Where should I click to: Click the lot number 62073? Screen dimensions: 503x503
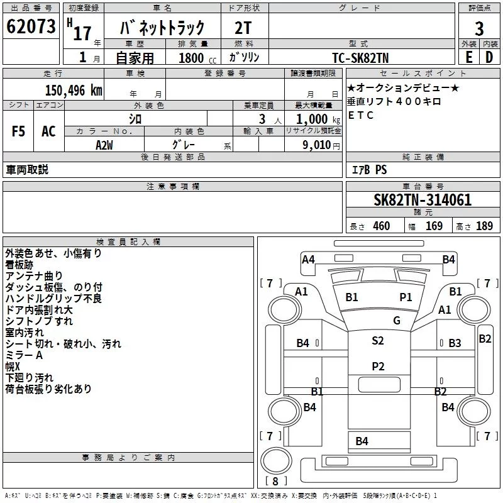[x=31, y=27]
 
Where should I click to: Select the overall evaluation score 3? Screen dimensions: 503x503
[x=479, y=29]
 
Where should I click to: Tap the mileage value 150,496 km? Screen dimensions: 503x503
[x=74, y=91]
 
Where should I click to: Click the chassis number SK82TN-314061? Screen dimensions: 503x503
[x=423, y=200]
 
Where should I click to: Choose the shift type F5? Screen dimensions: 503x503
[x=19, y=131]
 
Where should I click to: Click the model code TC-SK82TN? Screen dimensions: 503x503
[x=361, y=58]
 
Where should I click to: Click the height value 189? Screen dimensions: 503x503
[x=484, y=226]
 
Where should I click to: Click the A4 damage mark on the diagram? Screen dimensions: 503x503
[x=308, y=259]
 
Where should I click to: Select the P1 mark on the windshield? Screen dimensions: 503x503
[x=406, y=297]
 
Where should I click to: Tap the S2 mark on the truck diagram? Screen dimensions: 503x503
[x=377, y=341]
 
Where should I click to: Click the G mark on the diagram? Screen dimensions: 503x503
[x=396, y=321]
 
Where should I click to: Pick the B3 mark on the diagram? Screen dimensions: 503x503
[x=455, y=343]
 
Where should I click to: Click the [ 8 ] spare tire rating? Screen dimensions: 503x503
[x=274, y=482]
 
